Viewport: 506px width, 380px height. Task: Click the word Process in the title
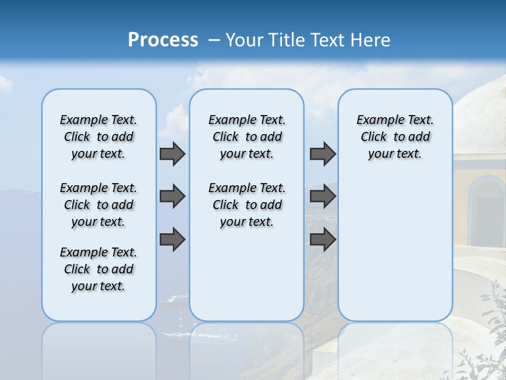point(163,40)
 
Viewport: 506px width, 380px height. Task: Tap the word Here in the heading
point(371,40)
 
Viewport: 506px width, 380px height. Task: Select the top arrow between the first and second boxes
point(172,154)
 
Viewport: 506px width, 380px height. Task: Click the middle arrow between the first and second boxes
point(172,196)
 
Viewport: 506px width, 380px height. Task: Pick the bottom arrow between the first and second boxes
point(172,239)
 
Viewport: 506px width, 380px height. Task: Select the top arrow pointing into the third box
point(323,154)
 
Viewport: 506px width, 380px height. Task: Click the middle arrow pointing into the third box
point(323,196)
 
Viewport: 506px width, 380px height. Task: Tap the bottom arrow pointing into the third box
point(323,239)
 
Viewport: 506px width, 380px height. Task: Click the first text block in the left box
point(99,137)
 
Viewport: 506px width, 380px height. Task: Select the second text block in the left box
point(99,205)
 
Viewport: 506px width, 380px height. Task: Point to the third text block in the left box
point(99,269)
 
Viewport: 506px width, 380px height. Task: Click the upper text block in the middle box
point(247,137)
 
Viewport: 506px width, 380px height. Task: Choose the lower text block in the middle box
point(247,205)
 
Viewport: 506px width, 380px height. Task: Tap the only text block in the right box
point(395,137)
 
